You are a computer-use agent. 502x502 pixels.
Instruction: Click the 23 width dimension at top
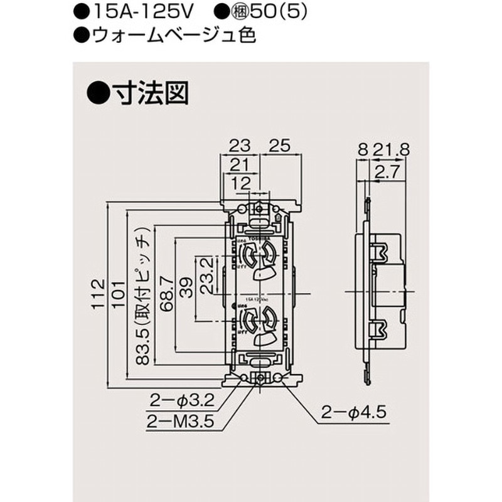(x=238, y=146)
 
